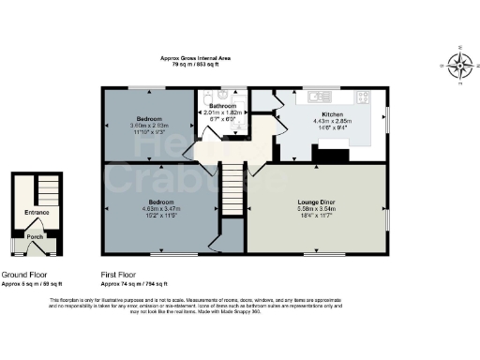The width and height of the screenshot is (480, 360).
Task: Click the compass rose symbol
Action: click(459, 66)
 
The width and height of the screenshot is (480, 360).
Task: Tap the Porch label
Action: click(35, 237)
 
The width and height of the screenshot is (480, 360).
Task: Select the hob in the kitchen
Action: click(365, 96)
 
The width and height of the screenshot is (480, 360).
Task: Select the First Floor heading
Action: click(119, 276)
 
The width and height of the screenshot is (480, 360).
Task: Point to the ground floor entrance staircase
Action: click(45, 191)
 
